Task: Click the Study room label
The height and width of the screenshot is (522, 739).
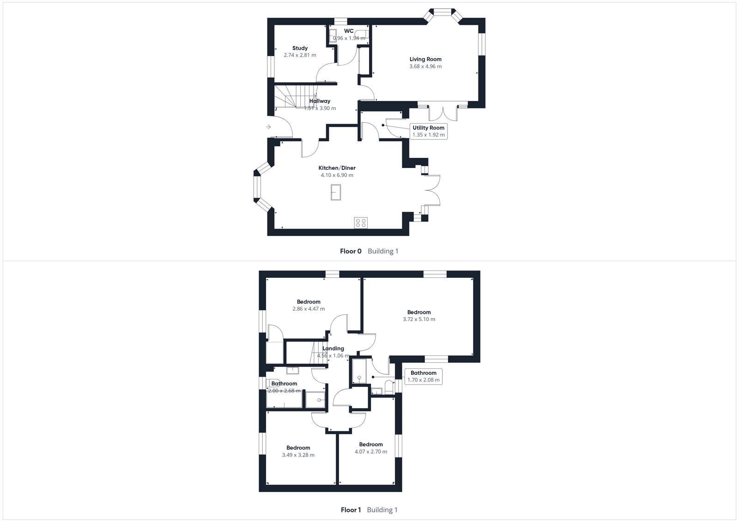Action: pyautogui.click(x=300, y=48)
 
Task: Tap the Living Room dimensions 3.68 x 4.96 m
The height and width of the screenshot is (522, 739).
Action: pyautogui.click(x=425, y=66)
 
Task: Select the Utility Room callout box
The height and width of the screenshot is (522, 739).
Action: pyautogui.click(x=429, y=132)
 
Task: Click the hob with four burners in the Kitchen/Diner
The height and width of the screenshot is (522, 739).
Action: pyautogui.click(x=361, y=223)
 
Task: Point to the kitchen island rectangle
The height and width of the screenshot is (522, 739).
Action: pyautogui.click(x=336, y=192)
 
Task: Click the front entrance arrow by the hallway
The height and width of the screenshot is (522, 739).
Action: pyautogui.click(x=268, y=127)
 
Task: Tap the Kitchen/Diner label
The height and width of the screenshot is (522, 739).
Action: pyautogui.click(x=337, y=168)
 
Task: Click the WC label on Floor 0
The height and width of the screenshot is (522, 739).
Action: pyautogui.click(x=349, y=31)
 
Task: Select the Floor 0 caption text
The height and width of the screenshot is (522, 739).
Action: pyautogui.click(x=351, y=251)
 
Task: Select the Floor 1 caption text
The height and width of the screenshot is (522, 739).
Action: pyautogui.click(x=351, y=510)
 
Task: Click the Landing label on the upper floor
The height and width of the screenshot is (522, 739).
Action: pyautogui.click(x=333, y=348)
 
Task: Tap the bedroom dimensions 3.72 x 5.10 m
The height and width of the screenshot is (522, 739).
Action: pyautogui.click(x=419, y=319)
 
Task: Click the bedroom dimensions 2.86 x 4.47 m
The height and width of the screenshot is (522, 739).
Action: pyautogui.click(x=309, y=309)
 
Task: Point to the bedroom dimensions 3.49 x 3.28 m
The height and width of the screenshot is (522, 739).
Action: pyautogui.click(x=298, y=455)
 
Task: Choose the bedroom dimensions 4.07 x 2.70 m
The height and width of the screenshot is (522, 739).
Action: pyautogui.click(x=371, y=452)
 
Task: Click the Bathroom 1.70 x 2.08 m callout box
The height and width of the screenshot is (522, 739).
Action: pyautogui.click(x=424, y=377)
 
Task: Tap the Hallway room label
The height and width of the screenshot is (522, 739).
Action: pyautogui.click(x=320, y=101)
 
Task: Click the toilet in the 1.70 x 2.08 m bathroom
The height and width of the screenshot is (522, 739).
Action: pyautogui.click(x=389, y=387)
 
